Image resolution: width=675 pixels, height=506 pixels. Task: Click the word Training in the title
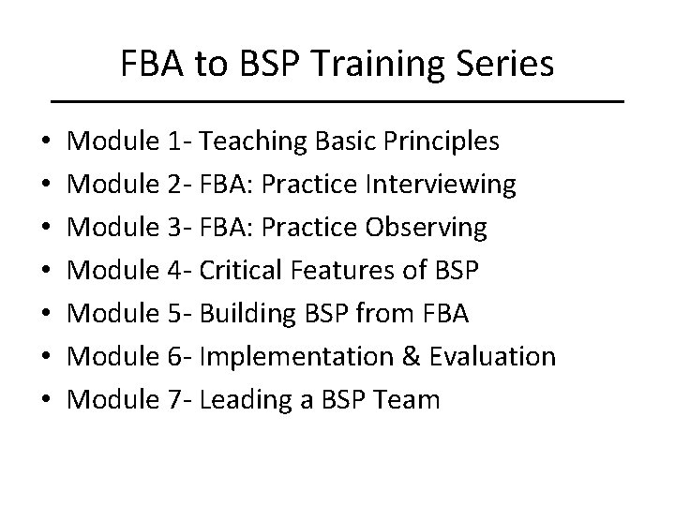pos(361,65)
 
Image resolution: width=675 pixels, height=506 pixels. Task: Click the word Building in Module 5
pos(246,314)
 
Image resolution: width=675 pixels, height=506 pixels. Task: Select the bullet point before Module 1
pos(46,143)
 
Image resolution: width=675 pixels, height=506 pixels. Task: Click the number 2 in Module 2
pos(176,185)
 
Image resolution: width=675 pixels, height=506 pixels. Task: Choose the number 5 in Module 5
pos(176,314)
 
